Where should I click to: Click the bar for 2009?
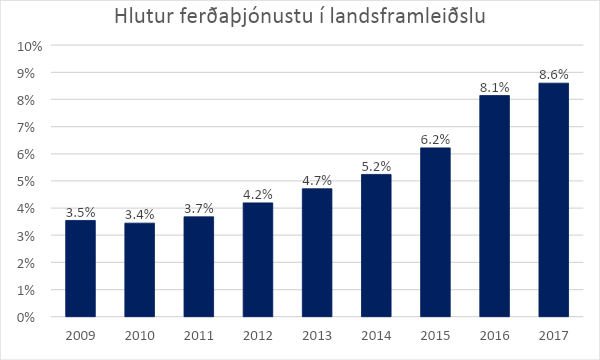pos(80,268)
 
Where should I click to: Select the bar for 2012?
pos(257,259)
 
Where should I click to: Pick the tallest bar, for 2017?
pos(553,200)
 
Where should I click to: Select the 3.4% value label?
pos(139,214)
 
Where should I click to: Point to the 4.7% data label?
pos(317,180)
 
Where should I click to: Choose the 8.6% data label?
pos(553,74)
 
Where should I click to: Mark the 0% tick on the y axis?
pos(32,317)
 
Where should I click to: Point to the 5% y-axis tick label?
pos(32,182)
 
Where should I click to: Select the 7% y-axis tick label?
pos(32,127)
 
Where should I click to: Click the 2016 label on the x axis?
pos(494,335)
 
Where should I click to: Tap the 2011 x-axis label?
pos(198,335)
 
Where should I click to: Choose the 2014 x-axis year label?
pos(376,335)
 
